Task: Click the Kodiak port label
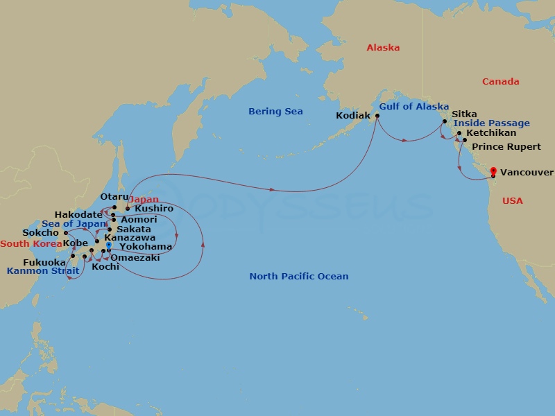pos(352,116)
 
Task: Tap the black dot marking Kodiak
pos(377,116)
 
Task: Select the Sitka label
pos(464,114)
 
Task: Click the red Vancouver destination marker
pos(493,171)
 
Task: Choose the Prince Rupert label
pos(506,146)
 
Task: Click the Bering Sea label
pos(275,111)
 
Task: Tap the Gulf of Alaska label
pos(414,106)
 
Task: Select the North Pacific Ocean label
pos(299,276)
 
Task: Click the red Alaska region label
pos(383,48)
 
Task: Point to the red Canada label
pos(500,81)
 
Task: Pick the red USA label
pos(513,200)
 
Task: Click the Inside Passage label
pos(491,123)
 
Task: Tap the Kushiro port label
pos(154,208)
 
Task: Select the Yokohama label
pos(146,246)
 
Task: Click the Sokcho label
pos(40,233)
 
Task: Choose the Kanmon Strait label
pos(38,270)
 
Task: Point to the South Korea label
pos(31,243)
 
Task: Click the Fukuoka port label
pos(44,262)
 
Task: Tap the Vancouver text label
pos(527,172)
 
